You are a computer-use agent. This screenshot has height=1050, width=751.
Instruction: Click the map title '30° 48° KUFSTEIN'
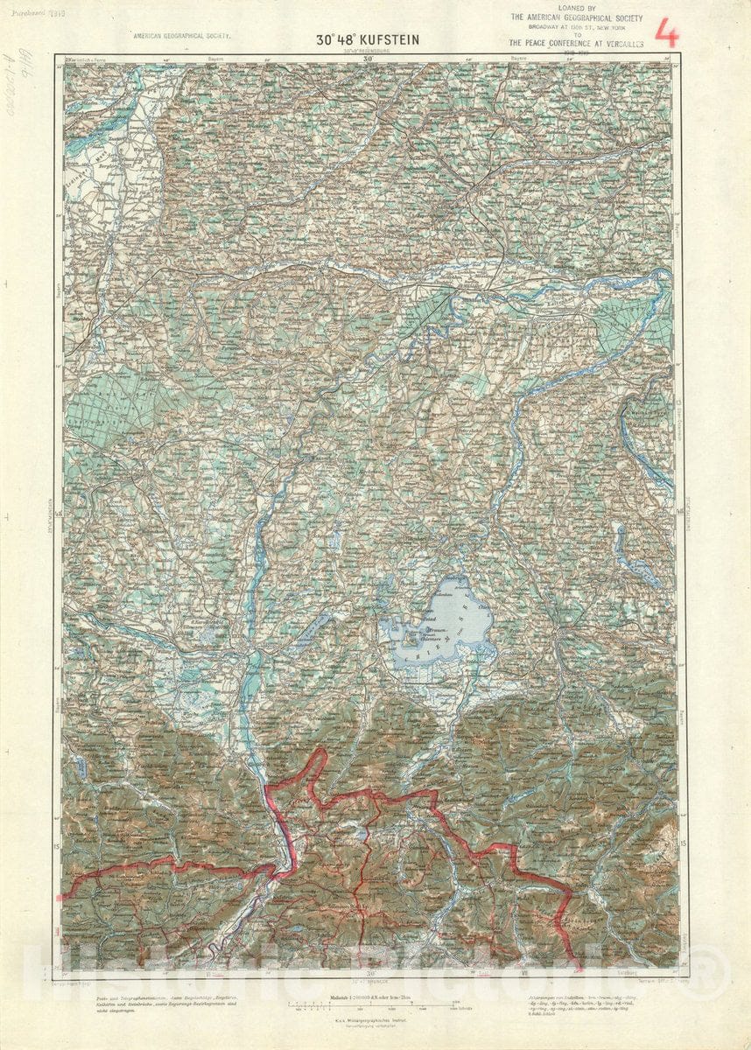368,40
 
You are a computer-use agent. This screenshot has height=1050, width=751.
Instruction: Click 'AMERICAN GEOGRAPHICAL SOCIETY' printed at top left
181,37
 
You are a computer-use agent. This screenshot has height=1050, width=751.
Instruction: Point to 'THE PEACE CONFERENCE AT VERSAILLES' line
578,42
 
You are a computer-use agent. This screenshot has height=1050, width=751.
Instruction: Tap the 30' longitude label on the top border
369,59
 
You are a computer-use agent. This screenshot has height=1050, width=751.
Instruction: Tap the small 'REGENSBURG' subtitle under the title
369,51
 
